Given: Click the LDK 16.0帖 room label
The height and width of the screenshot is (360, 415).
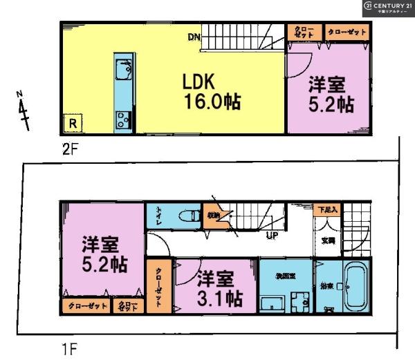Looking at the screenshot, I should tap(211, 93).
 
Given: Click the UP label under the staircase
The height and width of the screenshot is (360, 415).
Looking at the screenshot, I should tap(273, 235).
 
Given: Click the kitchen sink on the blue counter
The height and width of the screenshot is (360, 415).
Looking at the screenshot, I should tap(124, 72).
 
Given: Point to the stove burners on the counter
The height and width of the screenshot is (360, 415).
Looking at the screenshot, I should tap(123, 118).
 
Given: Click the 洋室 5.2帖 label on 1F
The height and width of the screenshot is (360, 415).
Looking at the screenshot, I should tap(103, 254).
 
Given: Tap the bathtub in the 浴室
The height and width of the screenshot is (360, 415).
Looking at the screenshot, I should tap(357, 287).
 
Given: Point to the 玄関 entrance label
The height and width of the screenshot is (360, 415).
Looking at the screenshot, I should tap(328, 240).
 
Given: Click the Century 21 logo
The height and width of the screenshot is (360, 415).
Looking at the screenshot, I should tap(387, 8).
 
